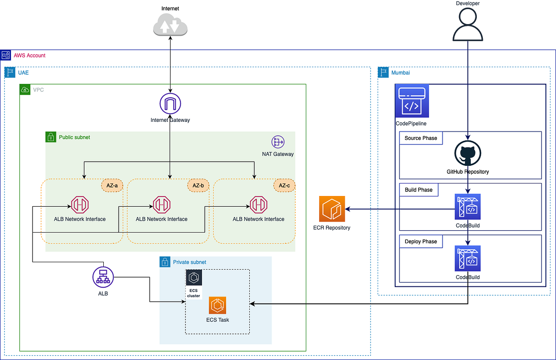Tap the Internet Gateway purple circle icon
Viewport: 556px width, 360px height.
[170, 104]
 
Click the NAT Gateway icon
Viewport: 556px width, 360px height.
[278, 142]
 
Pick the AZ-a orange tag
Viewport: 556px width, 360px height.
[112, 185]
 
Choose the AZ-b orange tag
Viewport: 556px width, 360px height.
[198, 185]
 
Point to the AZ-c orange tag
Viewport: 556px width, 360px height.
[284, 185]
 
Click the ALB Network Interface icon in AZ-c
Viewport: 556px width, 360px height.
[259, 204]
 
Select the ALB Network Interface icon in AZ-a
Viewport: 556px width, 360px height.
[80, 204]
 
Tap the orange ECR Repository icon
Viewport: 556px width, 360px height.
[332, 209]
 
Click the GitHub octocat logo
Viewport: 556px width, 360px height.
[468, 154]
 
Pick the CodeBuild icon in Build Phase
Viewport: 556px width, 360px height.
[468, 207]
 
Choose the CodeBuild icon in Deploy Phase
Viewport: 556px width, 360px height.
[468, 259]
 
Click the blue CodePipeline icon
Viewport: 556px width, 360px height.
[412, 101]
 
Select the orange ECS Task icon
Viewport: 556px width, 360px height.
[218, 305]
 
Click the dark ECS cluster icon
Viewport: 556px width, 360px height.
[194, 278]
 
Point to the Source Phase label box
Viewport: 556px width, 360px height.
[421, 138]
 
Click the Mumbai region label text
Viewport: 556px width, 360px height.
[400, 73]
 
